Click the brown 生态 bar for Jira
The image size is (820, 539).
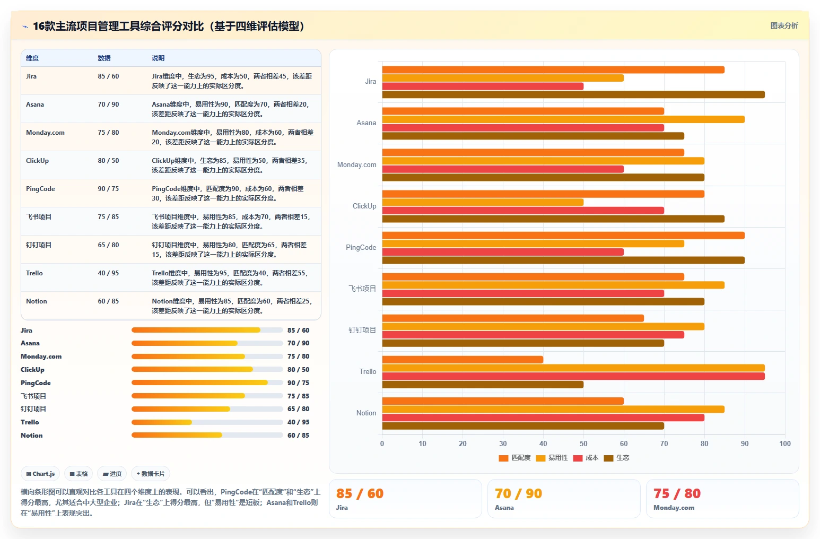(x=573, y=94)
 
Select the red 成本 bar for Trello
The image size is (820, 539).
(x=573, y=376)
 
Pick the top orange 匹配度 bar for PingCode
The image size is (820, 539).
(x=563, y=236)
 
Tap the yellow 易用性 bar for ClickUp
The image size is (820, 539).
(x=483, y=202)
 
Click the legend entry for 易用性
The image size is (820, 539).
(x=552, y=458)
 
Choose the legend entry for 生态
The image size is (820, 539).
(x=616, y=458)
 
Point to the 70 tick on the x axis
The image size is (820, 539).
(x=664, y=444)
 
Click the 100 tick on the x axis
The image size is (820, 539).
(x=785, y=444)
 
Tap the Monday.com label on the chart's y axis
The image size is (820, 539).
(x=356, y=165)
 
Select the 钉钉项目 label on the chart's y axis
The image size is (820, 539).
(x=362, y=331)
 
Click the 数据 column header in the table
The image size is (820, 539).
(x=104, y=58)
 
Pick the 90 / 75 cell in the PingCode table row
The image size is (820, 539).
(x=108, y=188)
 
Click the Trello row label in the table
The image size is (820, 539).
(x=34, y=273)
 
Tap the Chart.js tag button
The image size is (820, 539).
(x=40, y=474)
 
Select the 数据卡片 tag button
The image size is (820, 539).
(x=151, y=474)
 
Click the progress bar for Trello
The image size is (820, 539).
(x=207, y=422)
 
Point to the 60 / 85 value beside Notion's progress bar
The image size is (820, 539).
(x=298, y=436)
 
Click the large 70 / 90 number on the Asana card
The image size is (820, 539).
(x=518, y=493)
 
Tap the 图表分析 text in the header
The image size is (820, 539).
(x=784, y=25)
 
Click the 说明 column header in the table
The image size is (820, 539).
(x=158, y=58)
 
